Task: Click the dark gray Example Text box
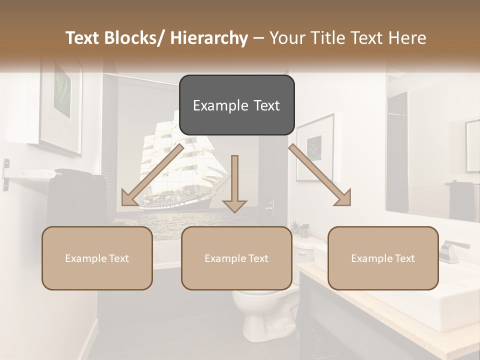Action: click(x=236, y=105)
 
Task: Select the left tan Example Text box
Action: click(x=97, y=258)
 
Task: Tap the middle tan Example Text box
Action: click(x=236, y=258)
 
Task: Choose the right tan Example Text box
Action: click(x=383, y=258)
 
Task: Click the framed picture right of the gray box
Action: click(x=315, y=147)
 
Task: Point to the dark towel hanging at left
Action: click(x=75, y=195)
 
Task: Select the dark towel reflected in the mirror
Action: click(x=461, y=200)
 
